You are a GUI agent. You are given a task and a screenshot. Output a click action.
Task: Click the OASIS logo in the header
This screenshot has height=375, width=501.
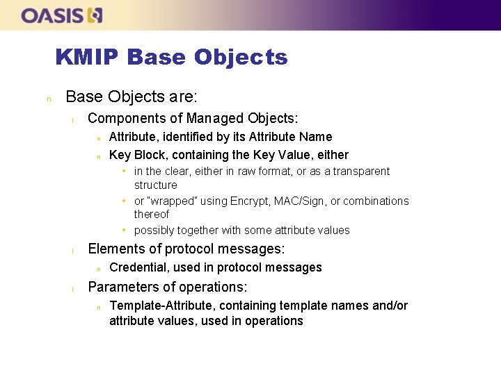62,15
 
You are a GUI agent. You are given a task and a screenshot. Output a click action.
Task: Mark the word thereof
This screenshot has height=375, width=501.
152,215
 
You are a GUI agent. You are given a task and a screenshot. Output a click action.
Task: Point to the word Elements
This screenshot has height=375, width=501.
113,249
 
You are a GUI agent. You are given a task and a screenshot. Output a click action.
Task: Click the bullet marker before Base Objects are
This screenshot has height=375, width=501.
48,98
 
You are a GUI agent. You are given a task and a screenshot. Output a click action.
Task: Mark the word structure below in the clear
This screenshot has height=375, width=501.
156,185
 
